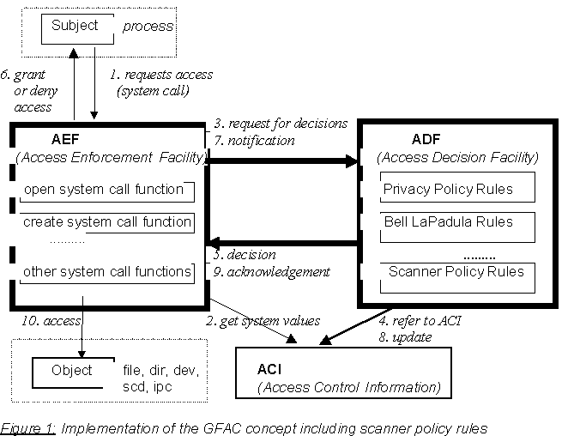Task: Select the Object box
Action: point(71,372)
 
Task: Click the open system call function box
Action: point(105,190)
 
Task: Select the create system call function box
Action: point(106,223)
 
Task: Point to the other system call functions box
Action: point(106,272)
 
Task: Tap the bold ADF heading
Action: point(426,139)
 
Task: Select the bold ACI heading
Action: point(269,369)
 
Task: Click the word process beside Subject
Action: point(148,26)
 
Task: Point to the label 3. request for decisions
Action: point(281,124)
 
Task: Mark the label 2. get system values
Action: point(263,320)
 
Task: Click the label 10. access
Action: point(50,320)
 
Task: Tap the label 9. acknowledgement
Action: point(271,272)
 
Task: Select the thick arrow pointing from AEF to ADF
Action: point(283,160)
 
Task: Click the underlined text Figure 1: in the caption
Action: point(28,427)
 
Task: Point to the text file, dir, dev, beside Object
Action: point(161,370)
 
